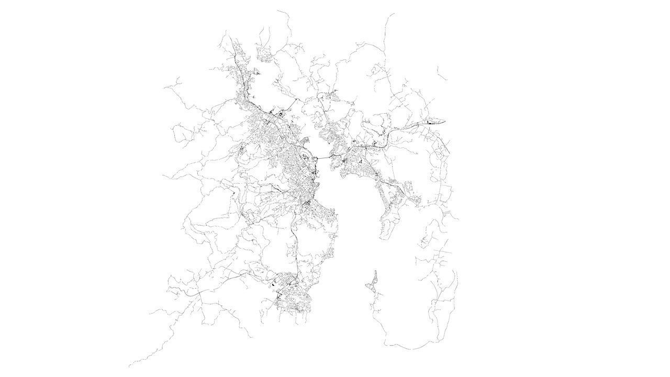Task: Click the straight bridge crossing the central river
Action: point(323,157)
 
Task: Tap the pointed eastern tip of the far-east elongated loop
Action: point(445,122)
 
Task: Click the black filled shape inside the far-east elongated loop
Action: point(428,122)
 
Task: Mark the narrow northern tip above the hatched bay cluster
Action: point(375,271)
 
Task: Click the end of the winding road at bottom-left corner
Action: point(129,366)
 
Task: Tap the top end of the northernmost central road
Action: point(277,10)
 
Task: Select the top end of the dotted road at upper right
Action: point(394,14)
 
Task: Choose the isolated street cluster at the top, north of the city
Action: point(264,53)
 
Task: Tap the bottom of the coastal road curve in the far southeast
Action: point(414,348)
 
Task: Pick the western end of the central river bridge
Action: point(316,159)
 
